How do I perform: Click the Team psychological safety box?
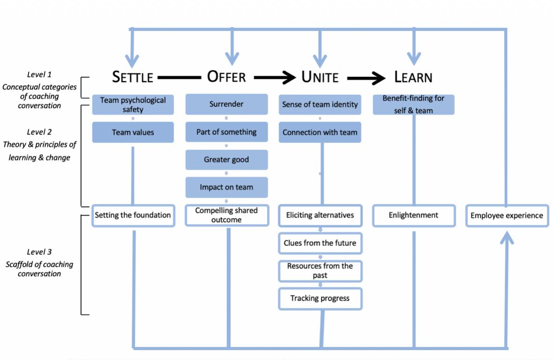point(133,105)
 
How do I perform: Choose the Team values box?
point(133,132)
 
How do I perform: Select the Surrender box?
point(227,105)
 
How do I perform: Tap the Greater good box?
point(227,160)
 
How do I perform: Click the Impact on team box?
point(227,187)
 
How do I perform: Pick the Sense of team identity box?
point(320,105)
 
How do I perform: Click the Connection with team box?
point(320,132)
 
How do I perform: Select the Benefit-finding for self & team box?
point(413,105)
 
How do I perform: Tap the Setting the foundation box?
point(133,215)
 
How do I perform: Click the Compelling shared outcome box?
point(227,215)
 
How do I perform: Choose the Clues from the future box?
point(320,243)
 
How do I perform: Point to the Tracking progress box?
point(320,298)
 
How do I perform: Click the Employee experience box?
point(507,216)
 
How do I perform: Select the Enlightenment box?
point(413,215)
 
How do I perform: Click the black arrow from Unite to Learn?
point(366,78)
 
